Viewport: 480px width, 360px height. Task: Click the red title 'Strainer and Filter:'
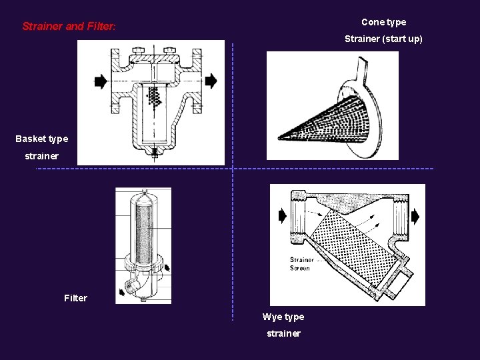tap(69, 27)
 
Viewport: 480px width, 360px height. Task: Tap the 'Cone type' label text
tap(383, 22)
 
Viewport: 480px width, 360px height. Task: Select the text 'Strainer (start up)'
tap(383, 39)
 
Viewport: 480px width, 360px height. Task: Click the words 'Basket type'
tap(42, 139)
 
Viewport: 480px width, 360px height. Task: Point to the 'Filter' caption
tap(75, 298)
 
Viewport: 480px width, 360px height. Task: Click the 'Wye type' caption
tap(283, 317)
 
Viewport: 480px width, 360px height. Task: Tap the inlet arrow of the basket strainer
tap(101, 81)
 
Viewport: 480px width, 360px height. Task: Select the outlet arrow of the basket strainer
tap(211, 81)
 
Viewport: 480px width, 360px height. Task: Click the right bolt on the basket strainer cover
tap(169, 50)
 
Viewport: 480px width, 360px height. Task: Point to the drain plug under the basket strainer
tap(154, 153)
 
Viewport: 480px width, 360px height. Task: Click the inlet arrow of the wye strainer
tap(282, 216)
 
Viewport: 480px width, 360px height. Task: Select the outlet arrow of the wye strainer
tap(415, 217)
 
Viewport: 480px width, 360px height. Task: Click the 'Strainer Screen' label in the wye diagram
tap(301, 264)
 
